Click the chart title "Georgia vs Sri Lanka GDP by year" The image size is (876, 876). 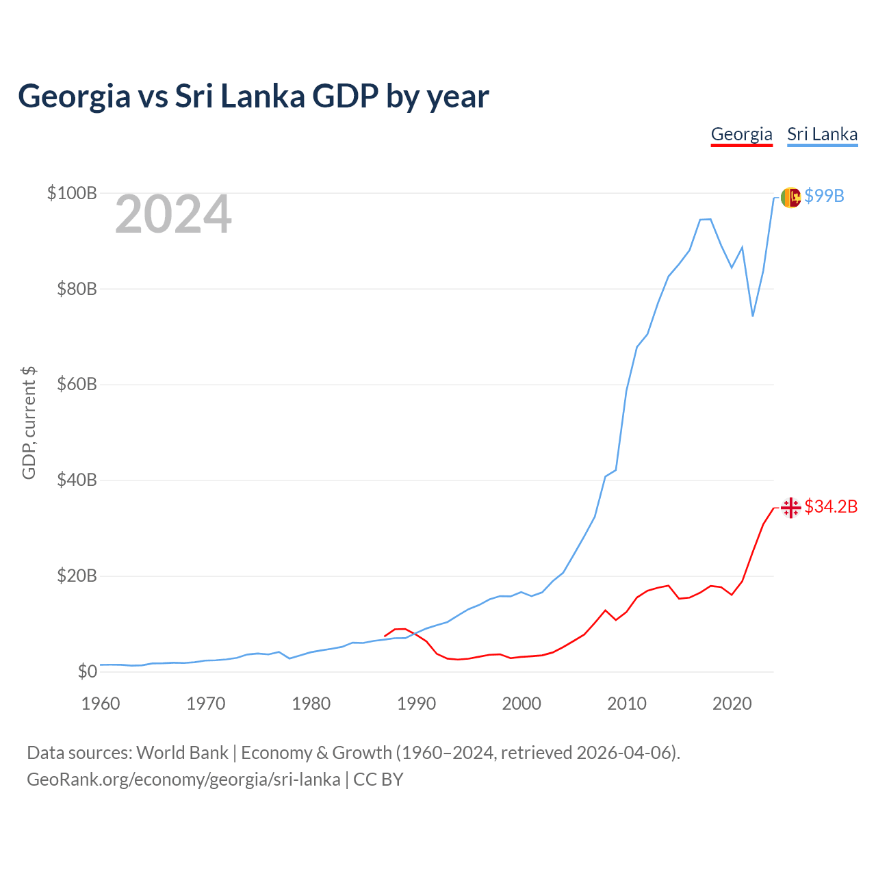[x=253, y=96]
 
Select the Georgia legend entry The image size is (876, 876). [x=741, y=134]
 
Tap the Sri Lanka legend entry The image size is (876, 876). [x=822, y=134]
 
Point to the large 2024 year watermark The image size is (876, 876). [x=173, y=215]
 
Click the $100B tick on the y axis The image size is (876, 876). [x=72, y=193]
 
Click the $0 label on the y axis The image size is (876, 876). [x=87, y=671]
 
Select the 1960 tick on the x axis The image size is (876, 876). [x=101, y=704]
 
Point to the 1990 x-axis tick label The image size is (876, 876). [x=416, y=704]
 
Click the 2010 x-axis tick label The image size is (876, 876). [x=627, y=704]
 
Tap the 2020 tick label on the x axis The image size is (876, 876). [x=732, y=704]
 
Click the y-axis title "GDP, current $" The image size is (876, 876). [x=29, y=423]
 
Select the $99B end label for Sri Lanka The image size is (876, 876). [x=824, y=196]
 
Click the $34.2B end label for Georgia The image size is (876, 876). [x=831, y=506]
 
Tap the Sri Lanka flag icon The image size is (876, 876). [x=790, y=197]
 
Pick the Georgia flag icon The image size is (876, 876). [x=790, y=508]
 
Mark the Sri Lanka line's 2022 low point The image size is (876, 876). [x=753, y=315]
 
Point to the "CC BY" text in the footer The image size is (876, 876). [x=378, y=780]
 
